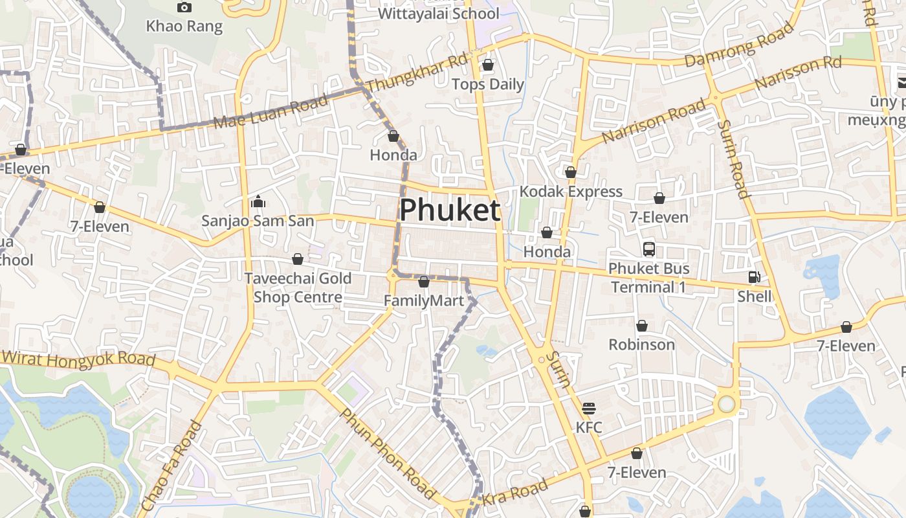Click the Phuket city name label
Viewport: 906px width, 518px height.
(450, 210)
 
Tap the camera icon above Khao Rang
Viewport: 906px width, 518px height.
(184, 7)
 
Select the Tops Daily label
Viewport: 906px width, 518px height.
(487, 84)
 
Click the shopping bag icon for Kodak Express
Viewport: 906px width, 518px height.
(570, 172)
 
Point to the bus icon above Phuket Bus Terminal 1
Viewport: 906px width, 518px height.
(648, 249)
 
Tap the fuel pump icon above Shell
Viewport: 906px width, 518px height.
(754, 277)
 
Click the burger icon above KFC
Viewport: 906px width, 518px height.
(588, 409)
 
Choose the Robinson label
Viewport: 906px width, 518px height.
(641, 344)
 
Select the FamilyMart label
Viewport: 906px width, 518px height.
(424, 301)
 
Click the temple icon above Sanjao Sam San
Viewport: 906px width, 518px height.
(258, 202)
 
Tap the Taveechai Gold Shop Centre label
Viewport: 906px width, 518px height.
(298, 288)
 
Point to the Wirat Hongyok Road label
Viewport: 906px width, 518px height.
(78, 358)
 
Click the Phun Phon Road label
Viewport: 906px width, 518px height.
(387, 454)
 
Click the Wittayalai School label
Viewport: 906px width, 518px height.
(438, 14)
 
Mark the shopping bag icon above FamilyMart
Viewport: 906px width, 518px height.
(423, 282)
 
